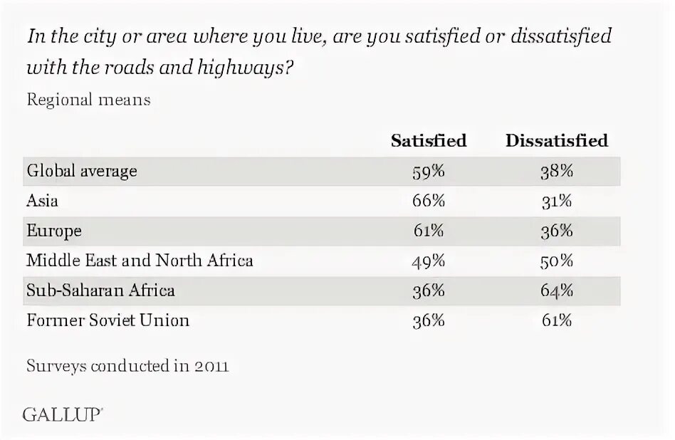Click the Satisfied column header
point(428,141)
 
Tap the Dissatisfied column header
point(556,141)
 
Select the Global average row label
point(82,172)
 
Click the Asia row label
point(42,201)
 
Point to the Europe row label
point(54,231)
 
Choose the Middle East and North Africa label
point(140,261)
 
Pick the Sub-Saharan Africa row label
point(100,290)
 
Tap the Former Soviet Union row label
point(108,320)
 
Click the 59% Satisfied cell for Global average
point(428,172)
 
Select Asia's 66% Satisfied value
point(428,201)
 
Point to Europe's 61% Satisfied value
point(428,231)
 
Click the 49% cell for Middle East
point(428,261)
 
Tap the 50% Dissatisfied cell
point(556,261)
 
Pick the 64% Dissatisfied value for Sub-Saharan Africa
point(556,290)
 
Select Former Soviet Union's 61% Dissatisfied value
point(556,320)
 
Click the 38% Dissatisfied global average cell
point(556,172)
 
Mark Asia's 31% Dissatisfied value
point(556,201)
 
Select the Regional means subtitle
point(88,100)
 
